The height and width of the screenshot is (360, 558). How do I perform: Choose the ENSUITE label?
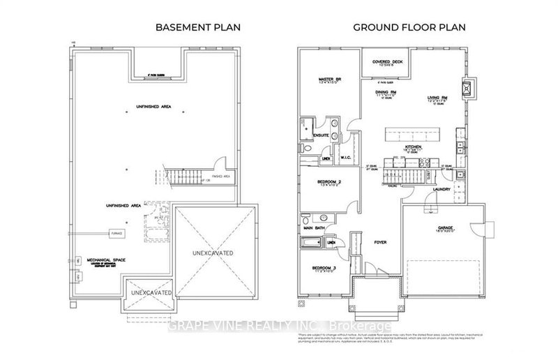(321, 135)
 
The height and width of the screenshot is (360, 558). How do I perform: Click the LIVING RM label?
(437, 98)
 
